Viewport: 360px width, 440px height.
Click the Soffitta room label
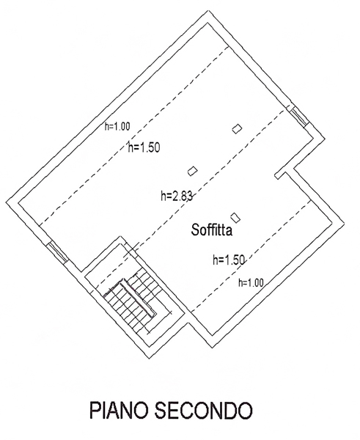point(212,230)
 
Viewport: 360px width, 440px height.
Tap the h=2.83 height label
point(177,196)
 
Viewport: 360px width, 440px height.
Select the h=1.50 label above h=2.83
point(144,147)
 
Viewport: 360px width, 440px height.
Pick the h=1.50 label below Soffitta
point(229,260)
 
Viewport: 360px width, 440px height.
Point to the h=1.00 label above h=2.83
point(117,126)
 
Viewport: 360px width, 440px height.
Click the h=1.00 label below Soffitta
point(251,282)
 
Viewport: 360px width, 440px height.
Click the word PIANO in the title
point(119,410)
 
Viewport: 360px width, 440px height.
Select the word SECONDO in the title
point(204,410)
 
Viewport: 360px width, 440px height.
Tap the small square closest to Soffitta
point(235,218)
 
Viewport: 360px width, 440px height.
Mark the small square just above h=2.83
point(193,171)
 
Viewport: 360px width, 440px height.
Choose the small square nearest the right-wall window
point(237,129)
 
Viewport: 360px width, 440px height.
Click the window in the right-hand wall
point(298,117)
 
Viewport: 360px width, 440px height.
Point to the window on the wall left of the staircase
point(57,252)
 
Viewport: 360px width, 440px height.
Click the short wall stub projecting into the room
point(280,175)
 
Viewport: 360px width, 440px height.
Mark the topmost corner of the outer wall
point(210,10)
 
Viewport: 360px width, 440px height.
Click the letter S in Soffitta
point(195,230)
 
